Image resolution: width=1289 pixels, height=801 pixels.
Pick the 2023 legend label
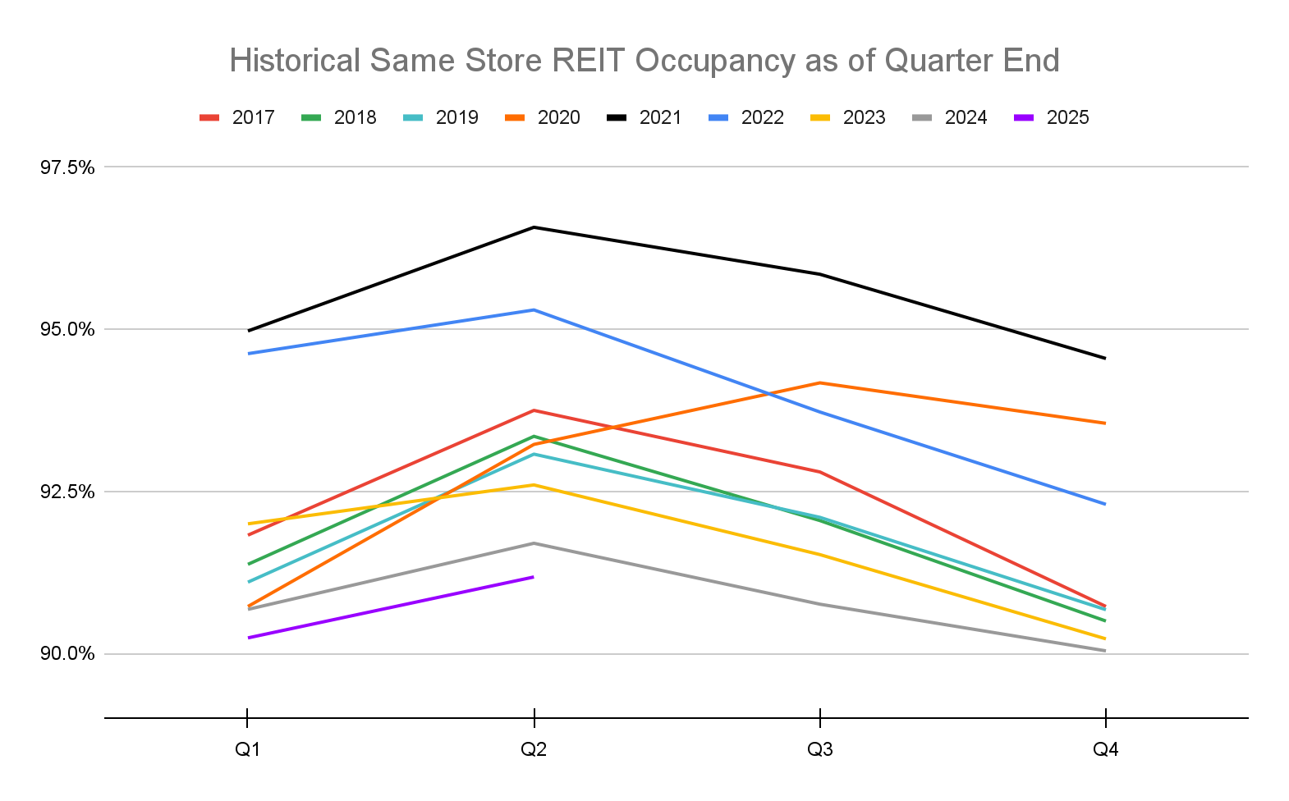[x=864, y=117]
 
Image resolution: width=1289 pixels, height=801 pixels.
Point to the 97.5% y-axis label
[x=68, y=167]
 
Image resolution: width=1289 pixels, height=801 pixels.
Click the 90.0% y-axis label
[x=68, y=654]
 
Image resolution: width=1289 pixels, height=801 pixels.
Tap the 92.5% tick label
[x=68, y=492]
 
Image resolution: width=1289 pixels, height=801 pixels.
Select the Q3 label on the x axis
[x=819, y=749]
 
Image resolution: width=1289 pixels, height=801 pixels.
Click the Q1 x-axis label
[x=248, y=749]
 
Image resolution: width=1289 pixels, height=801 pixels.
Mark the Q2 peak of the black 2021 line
[x=534, y=227]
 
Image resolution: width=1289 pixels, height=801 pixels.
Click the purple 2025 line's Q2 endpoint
[x=534, y=577]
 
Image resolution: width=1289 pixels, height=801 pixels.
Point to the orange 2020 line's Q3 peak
[x=819, y=382]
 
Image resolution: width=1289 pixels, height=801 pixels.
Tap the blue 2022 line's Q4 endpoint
[x=1105, y=504]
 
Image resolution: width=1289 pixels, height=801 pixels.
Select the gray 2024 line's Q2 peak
[x=534, y=543]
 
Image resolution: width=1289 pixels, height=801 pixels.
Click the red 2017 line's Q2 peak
[x=534, y=410]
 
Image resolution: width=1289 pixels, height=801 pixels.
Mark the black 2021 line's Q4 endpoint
[x=1105, y=358]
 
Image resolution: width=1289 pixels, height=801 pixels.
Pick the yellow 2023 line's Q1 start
[x=248, y=524]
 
